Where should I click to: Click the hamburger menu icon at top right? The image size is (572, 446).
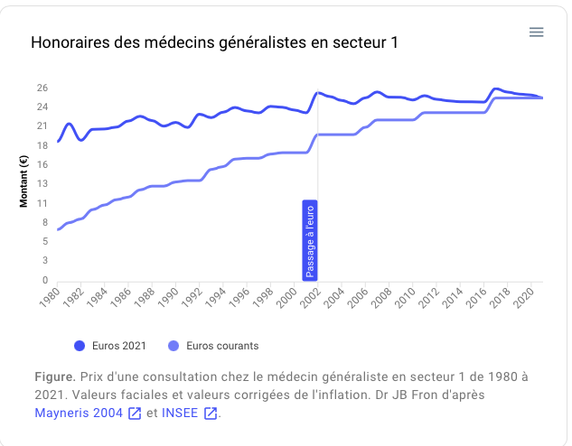[x=536, y=32]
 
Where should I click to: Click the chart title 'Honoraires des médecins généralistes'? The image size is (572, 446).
[x=214, y=42]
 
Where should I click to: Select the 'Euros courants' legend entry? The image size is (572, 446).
[x=214, y=345]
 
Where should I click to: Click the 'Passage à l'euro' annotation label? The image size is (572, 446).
[x=310, y=241]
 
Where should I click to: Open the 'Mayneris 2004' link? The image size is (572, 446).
[x=79, y=413]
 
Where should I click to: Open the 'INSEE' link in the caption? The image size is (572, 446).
[x=181, y=413]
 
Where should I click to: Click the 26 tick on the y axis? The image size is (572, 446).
[x=42, y=88]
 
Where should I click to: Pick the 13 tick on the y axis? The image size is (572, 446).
[x=42, y=184]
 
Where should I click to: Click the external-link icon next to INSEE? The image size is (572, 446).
[x=211, y=413]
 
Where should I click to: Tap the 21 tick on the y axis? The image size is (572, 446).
[x=42, y=126]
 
